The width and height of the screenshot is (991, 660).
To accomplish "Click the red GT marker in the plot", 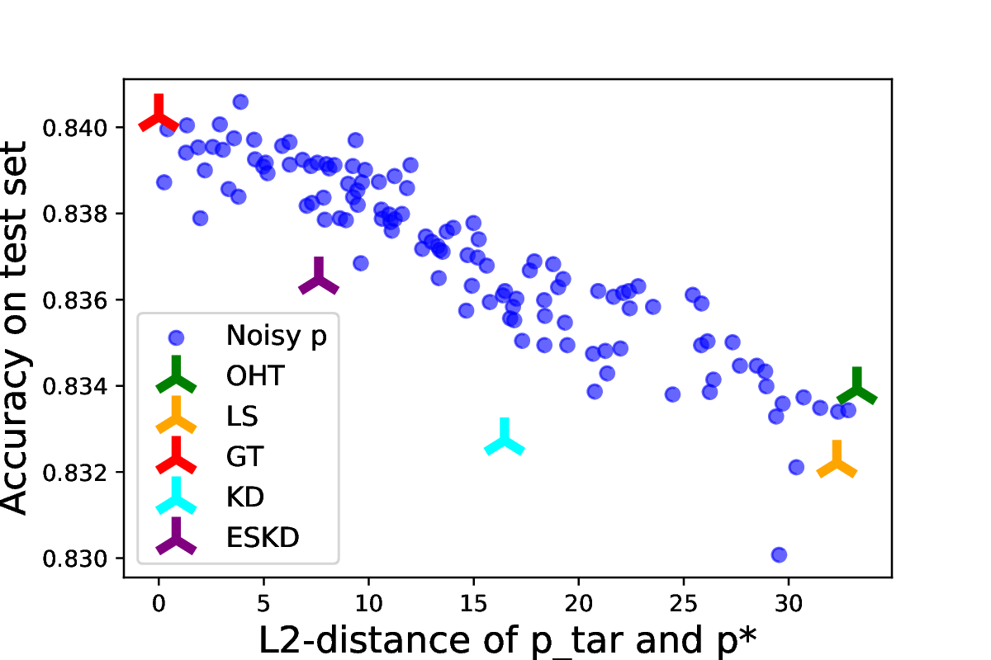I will [x=158, y=116].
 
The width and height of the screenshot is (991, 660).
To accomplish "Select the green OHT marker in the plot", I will [x=856, y=389].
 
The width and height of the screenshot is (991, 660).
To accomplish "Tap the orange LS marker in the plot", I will [x=837, y=462].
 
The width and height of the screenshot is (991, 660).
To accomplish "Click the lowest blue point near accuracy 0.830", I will [x=779, y=554].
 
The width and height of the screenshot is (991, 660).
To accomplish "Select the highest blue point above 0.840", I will [x=240, y=101].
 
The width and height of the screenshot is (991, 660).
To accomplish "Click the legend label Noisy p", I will [x=276, y=336].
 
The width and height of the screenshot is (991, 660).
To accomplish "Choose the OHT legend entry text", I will [x=255, y=376].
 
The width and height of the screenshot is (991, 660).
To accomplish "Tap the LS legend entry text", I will [x=242, y=417].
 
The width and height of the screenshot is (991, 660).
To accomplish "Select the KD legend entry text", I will [x=244, y=497].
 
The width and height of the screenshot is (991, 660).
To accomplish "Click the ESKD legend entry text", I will [x=263, y=537].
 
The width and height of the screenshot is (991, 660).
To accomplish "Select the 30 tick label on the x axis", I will [x=789, y=603].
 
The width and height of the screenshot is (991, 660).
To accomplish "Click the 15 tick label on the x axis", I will [x=473, y=603].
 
